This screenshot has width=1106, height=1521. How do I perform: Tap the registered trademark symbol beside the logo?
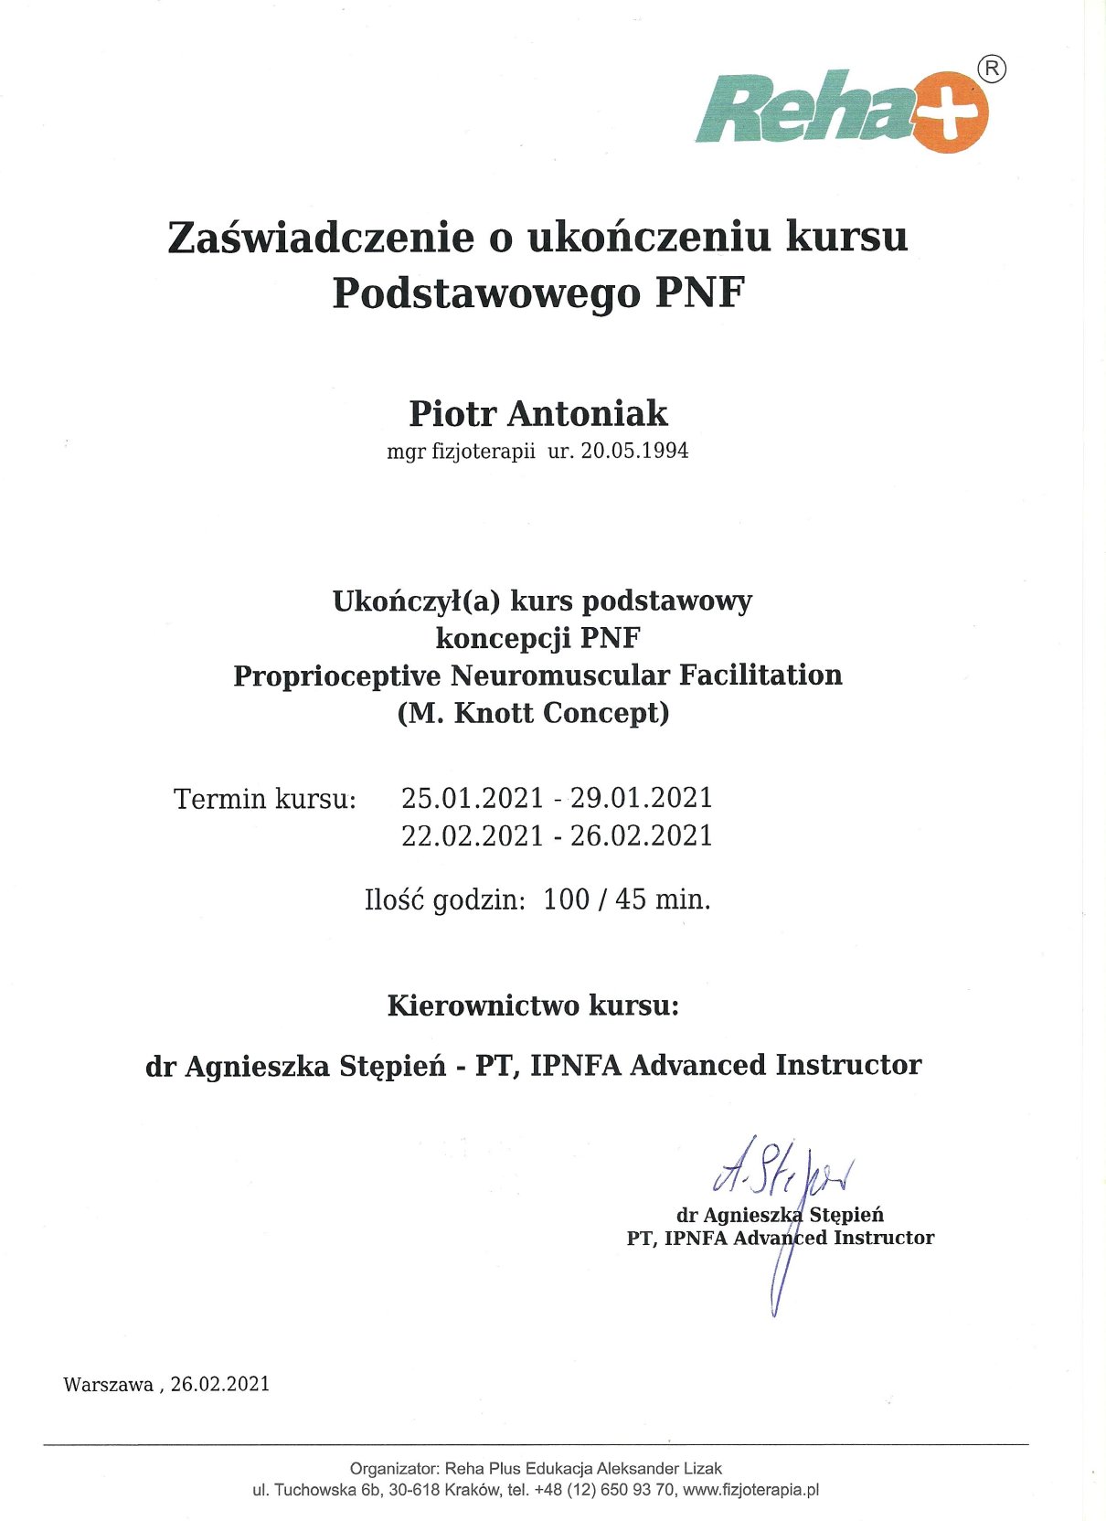click(x=992, y=69)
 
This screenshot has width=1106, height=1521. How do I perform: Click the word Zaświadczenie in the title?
click(x=321, y=237)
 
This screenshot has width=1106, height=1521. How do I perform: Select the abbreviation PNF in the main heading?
click(x=700, y=292)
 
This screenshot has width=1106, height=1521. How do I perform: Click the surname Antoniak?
click(x=588, y=414)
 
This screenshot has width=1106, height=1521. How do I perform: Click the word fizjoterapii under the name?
click(x=483, y=451)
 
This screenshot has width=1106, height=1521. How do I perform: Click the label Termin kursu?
click(x=264, y=799)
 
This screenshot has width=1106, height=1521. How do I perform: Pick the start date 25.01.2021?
click(x=473, y=798)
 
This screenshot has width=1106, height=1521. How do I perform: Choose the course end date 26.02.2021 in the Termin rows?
click(x=641, y=835)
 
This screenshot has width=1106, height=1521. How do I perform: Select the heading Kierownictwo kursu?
click(x=533, y=1005)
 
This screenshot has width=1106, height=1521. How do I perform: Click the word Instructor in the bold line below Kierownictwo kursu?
click(x=848, y=1065)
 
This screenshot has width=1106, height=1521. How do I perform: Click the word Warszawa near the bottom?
click(x=108, y=1385)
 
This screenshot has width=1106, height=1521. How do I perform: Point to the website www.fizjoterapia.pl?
click(x=750, y=1490)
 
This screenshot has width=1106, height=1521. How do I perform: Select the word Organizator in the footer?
click(x=394, y=1469)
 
